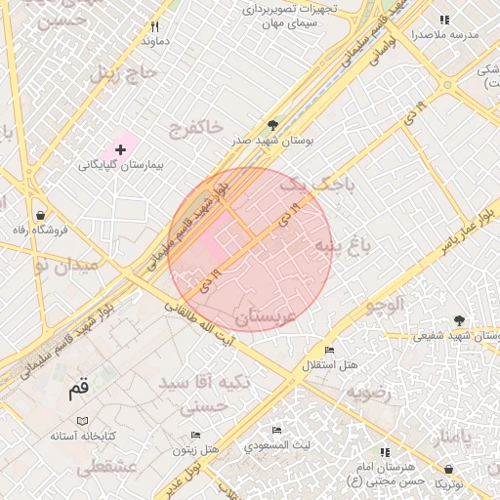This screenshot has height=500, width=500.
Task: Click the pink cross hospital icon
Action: point(120,149)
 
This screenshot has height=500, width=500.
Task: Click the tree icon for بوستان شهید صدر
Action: point(272,125)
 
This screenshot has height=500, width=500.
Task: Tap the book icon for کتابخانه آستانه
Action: point(83,420)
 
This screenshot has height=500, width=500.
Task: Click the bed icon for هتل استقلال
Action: point(329,351)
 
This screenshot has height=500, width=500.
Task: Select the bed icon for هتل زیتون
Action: point(195,436)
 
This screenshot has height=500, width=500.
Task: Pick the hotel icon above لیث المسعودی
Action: point(277,430)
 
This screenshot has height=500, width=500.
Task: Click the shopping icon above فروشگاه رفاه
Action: point(39,215)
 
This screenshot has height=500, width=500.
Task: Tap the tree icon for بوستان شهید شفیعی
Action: point(459,320)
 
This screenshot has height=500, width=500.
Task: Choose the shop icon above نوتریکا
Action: point(448,470)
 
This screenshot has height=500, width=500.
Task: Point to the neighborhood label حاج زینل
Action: point(124,72)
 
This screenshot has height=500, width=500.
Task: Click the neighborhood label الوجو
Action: point(384,304)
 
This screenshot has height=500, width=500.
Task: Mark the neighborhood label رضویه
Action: point(367,392)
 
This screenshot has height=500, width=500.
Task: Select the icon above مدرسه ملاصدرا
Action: point(444,20)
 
